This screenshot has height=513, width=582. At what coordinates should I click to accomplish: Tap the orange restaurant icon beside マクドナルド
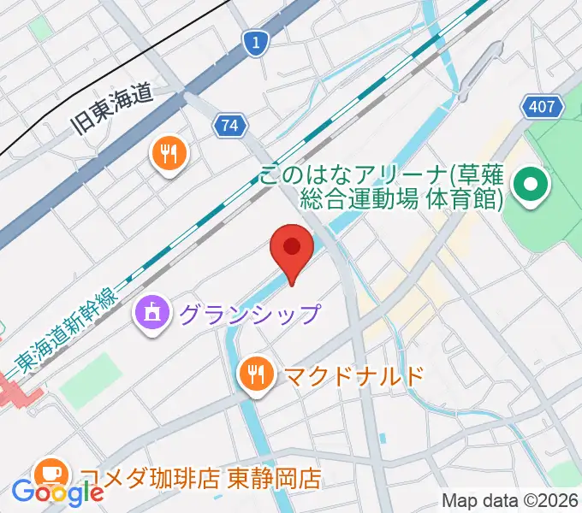click(256, 373)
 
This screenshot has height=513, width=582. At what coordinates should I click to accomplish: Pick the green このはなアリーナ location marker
click(531, 186)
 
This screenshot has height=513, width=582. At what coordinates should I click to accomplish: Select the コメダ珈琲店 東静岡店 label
click(201, 477)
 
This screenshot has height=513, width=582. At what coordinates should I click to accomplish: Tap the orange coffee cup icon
click(50, 473)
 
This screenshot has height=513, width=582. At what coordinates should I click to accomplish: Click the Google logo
click(58, 492)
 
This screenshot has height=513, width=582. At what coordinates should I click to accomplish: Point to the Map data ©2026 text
click(510, 499)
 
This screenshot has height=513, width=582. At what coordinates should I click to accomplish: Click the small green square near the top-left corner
click(39, 27)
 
